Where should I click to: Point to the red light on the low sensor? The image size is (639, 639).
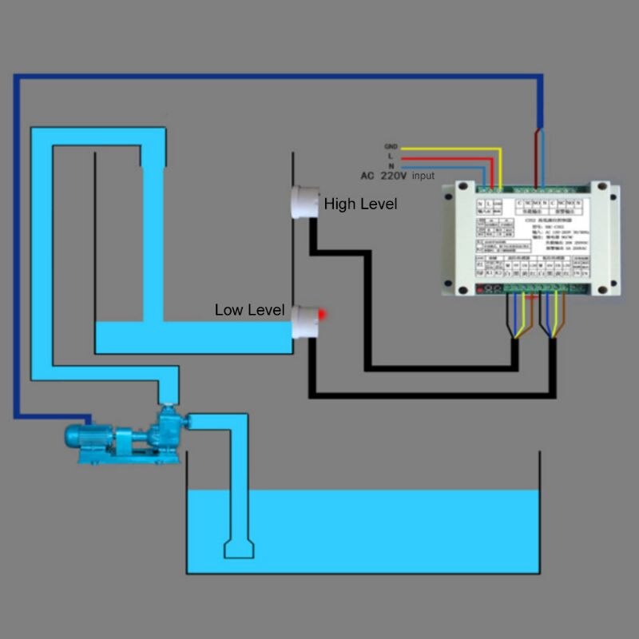[x=321, y=313]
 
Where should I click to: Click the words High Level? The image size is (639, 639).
[x=360, y=204]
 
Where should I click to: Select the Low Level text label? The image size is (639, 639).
[x=249, y=310]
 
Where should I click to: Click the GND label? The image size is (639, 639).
[x=391, y=147]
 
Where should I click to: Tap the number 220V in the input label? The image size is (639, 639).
[x=392, y=176]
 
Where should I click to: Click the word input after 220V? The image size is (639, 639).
[x=423, y=176]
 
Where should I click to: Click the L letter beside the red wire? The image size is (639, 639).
[x=391, y=157]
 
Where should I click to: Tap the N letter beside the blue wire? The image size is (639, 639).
[x=391, y=165]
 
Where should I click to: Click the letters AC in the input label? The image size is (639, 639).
[x=367, y=176]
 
